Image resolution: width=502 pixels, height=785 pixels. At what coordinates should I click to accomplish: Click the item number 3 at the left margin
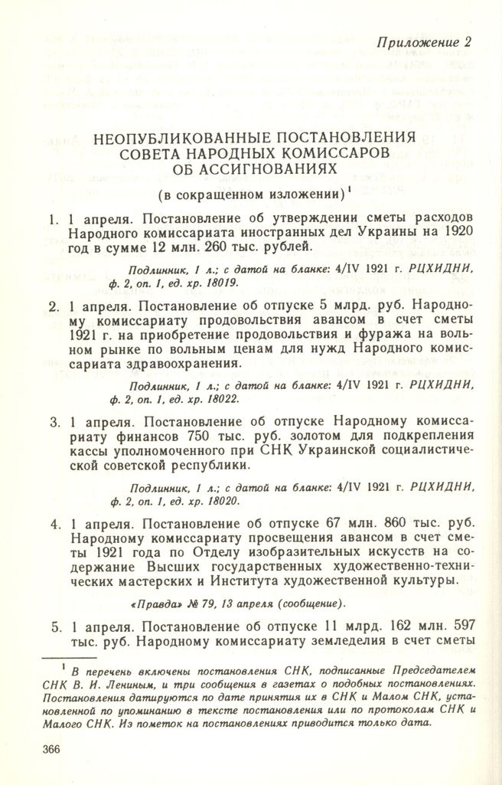click(54, 422)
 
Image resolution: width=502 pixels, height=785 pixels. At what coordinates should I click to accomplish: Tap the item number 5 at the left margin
click(54, 626)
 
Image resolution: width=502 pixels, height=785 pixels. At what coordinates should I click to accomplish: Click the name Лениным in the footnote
click(131, 683)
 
